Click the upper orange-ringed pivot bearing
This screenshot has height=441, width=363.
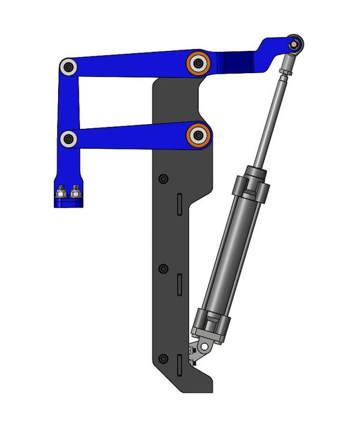point(198,63)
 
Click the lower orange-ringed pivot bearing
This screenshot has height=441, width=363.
point(198,134)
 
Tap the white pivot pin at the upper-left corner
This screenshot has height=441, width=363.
point(68,67)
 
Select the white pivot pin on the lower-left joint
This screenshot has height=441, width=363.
point(68,139)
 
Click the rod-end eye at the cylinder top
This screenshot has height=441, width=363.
point(294,44)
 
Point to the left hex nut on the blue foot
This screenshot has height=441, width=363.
point(62,192)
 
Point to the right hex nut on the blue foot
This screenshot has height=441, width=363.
point(75,192)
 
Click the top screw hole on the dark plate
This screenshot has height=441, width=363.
point(163,180)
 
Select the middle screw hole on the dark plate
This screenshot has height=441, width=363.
point(163,269)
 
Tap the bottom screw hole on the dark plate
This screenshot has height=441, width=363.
point(163,359)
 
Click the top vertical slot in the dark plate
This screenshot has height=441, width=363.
point(178,205)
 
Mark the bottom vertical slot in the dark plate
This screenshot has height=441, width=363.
point(178,364)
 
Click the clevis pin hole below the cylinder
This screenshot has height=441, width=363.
point(203,345)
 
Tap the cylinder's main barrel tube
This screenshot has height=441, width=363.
point(231,255)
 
